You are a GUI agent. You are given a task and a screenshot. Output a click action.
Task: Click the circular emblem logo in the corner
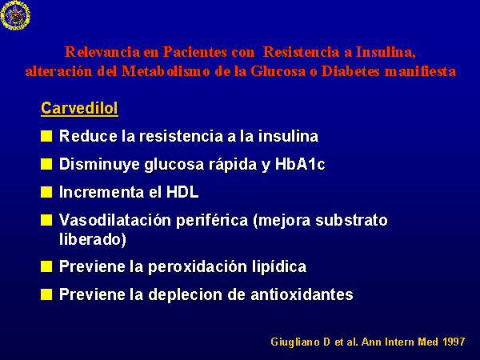[x=15, y=15]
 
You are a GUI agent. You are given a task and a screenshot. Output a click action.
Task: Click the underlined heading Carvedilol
[x=79, y=108]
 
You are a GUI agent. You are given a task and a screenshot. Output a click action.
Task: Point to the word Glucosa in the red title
[x=278, y=71]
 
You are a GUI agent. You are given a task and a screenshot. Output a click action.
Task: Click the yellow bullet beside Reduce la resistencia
[x=46, y=136]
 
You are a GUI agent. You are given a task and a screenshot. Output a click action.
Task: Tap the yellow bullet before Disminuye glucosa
[x=46, y=164]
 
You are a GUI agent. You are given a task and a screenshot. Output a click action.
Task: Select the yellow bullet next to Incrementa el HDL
[x=46, y=192]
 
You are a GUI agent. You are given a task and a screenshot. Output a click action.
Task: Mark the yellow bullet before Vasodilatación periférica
[x=46, y=220]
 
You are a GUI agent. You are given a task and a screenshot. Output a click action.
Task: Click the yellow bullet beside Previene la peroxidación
[x=46, y=266]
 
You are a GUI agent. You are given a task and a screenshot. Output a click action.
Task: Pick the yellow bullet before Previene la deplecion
[x=46, y=294]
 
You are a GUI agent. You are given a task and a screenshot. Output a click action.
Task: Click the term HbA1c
[x=300, y=164]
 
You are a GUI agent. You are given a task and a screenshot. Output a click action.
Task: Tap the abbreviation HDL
[x=182, y=192]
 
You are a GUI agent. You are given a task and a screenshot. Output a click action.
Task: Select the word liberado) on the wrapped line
[x=93, y=239]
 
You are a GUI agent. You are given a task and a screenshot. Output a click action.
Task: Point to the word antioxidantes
[x=302, y=294]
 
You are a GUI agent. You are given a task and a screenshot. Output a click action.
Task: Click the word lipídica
[x=279, y=266]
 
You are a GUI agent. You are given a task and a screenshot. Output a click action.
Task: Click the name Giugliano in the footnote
[x=295, y=342]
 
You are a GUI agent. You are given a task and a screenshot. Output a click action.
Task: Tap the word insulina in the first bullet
[x=288, y=136]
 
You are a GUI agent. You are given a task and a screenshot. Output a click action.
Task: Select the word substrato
[x=351, y=220]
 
